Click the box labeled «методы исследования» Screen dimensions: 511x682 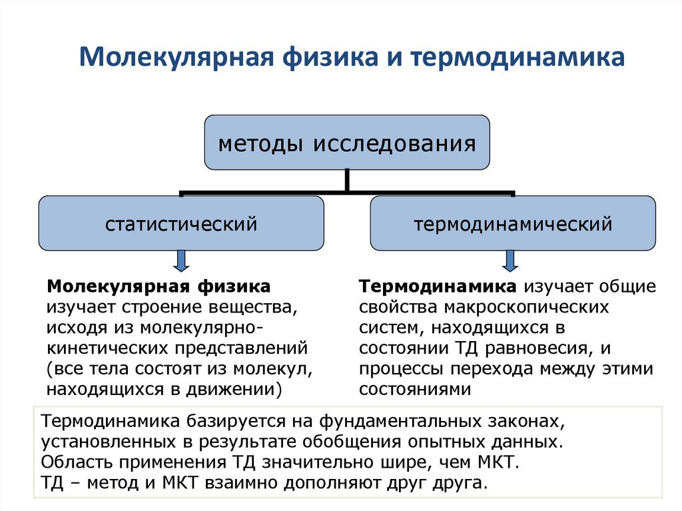(347, 142)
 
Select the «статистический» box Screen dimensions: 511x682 (181, 223)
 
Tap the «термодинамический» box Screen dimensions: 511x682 (513, 223)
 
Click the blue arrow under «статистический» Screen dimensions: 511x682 (181, 260)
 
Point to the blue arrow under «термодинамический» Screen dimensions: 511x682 (510, 260)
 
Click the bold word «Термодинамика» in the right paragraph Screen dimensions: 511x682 (438, 287)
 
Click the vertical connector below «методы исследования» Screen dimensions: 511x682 (347, 180)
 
